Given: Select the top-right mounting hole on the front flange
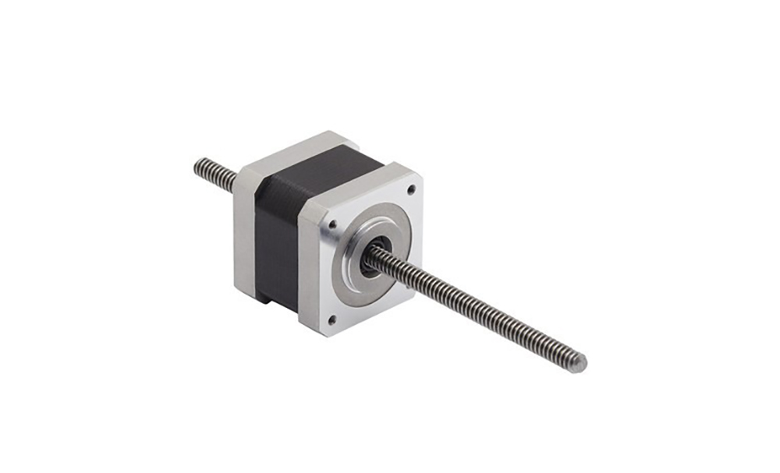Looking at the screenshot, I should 411,188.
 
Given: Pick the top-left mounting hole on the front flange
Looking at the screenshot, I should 333,224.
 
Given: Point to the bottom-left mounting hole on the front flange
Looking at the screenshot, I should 332,318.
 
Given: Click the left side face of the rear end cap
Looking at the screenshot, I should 243,234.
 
